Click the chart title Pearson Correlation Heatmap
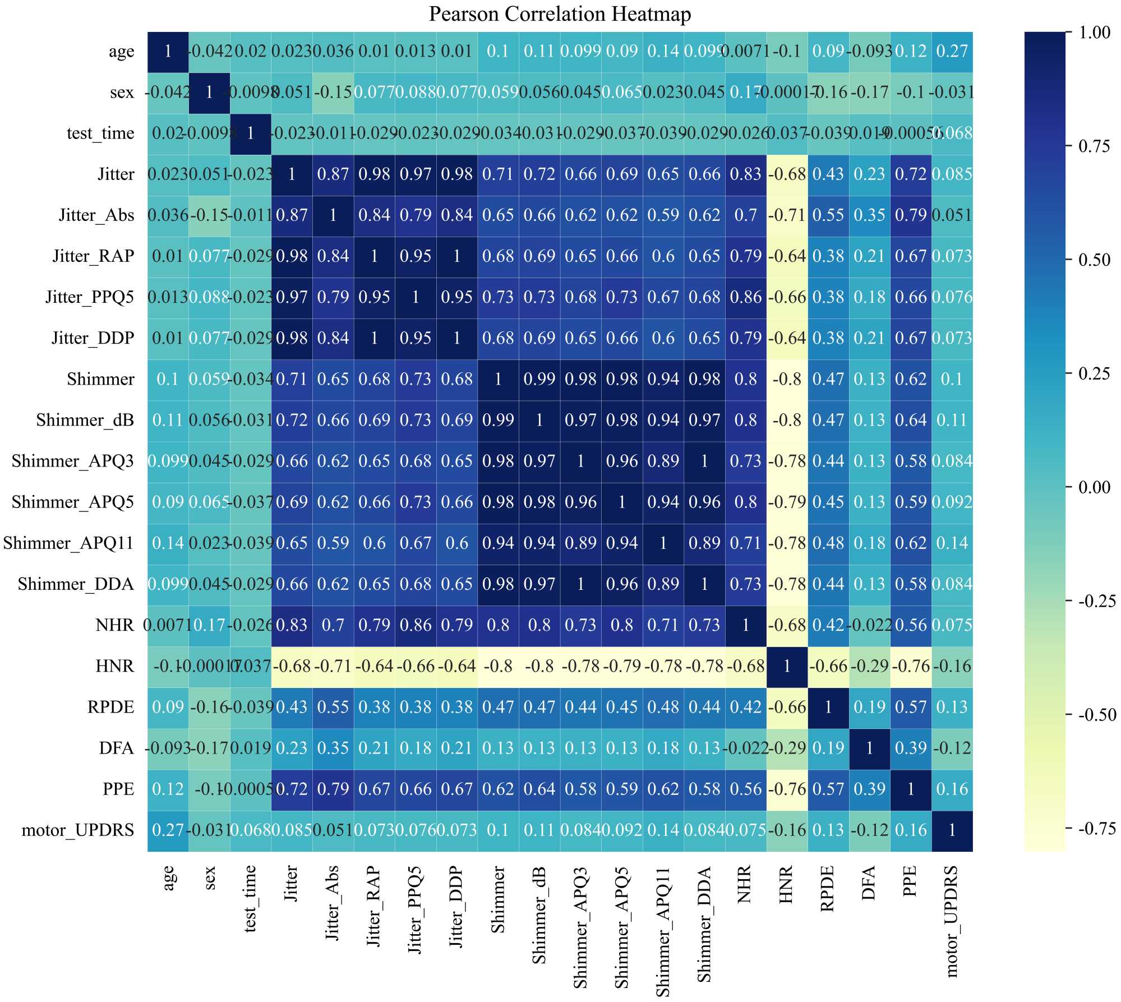click(560, 14)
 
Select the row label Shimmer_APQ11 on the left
click(68, 543)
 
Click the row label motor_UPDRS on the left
click(78, 830)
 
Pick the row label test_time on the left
click(100, 133)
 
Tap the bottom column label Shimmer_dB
click(539, 915)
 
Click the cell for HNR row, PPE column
click(911, 666)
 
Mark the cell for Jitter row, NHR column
click(745, 174)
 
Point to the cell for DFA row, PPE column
click(911, 748)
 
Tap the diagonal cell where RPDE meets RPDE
click(828, 707)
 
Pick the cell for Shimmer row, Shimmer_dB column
click(539, 379)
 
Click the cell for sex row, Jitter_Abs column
click(333, 92)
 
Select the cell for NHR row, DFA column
click(869, 625)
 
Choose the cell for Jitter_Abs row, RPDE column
click(828, 215)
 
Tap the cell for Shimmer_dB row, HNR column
click(787, 420)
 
